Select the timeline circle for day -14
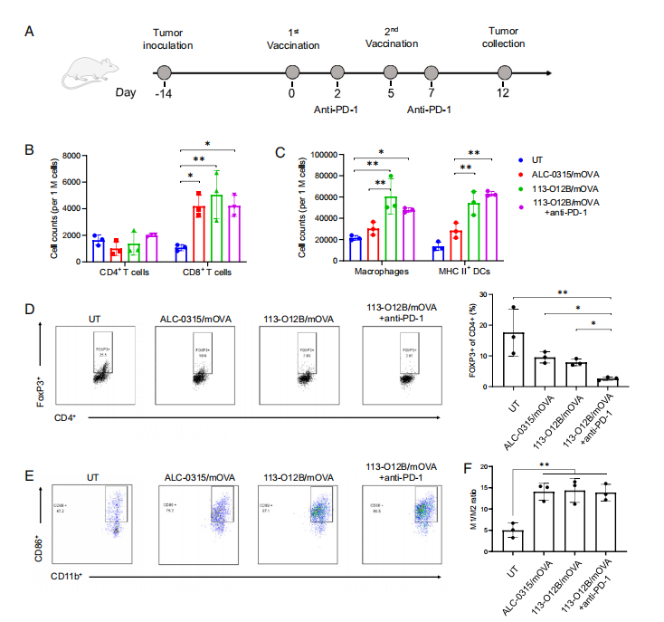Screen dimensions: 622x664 pyautogui.click(x=164, y=72)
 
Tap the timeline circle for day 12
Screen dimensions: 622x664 pyautogui.click(x=504, y=72)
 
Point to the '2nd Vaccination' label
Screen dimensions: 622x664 pyautogui.click(x=391, y=37)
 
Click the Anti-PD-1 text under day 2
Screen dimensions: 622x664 pyautogui.click(x=337, y=110)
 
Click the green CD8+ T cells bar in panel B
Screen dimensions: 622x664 pyautogui.click(x=215, y=225)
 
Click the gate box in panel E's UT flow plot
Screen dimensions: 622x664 pyautogui.click(x=118, y=503)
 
